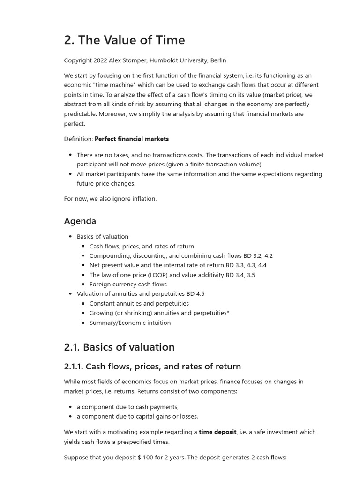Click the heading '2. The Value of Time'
[x=124, y=40]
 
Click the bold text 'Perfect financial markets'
[x=132, y=139]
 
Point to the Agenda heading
[x=80, y=221]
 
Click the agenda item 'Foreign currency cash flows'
[x=128, y=285]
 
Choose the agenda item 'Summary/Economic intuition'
[x=130, y=322]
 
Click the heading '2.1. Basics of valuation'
[x=119, y=347]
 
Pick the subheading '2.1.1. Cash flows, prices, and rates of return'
[x=152, y=367]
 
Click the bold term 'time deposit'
[x=217, y=432]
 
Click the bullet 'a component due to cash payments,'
[x=127, y=407]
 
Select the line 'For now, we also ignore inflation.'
[x=110, y=199]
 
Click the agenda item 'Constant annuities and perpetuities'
[x=139, y=304]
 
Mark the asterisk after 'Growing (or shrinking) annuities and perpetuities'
[x=228, y=312]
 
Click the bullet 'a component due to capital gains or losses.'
[x=137, y=416]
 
